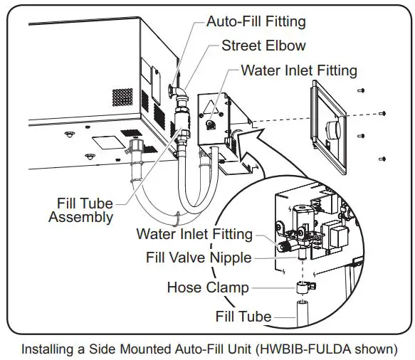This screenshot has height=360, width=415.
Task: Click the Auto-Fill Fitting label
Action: pos(256,21)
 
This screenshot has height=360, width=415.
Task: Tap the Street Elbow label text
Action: pos(263,46)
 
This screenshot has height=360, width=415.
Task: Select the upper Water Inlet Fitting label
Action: pos(299,70)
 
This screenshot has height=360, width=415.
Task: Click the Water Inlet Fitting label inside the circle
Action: pos(194,234)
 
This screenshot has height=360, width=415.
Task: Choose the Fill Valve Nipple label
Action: pos(199,257)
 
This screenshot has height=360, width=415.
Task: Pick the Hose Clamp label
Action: pos(208,287)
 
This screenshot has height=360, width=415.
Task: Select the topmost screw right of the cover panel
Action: pos(362,90)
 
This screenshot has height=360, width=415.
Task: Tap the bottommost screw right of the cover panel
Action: pos(382,158)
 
